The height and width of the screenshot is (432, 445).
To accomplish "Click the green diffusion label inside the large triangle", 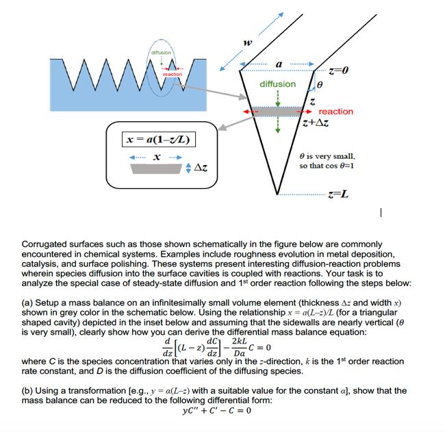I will pyautogui.click(x=277, y=84).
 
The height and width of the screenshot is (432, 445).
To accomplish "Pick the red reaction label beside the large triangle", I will pyautogui.click(x=336, y=111).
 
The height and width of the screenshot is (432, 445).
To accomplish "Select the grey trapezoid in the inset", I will pyautogui.click(x=157, y=168).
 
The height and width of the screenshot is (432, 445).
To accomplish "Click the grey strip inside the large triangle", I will pyautogui.click(x=277, y=111).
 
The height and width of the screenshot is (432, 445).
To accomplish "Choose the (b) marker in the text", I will pyautogui.click(x=29, y=391).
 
